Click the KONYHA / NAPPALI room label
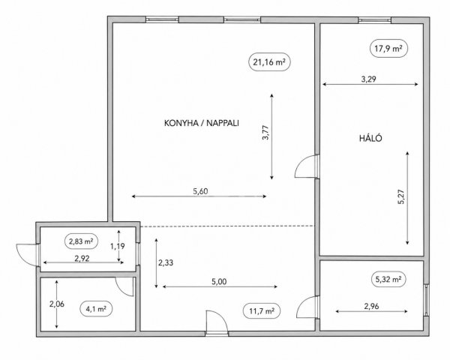point(202,123)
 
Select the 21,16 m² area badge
point(269,61)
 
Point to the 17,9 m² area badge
point(388,48)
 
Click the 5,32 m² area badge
point(388,279)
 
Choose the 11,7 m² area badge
point(261,311)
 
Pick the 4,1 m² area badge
point(96,308)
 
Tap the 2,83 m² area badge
point(81,241)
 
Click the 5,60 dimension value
point(200,191)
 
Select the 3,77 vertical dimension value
point(265,132)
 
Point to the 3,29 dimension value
point(368,79)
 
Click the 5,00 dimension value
point(219,282)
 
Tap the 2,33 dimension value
point(166,262)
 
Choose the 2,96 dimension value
point(371,306)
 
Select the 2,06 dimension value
point(57,304)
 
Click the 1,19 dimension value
point(118,246)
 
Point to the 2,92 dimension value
point(82,258)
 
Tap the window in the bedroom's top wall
point(375,19)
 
